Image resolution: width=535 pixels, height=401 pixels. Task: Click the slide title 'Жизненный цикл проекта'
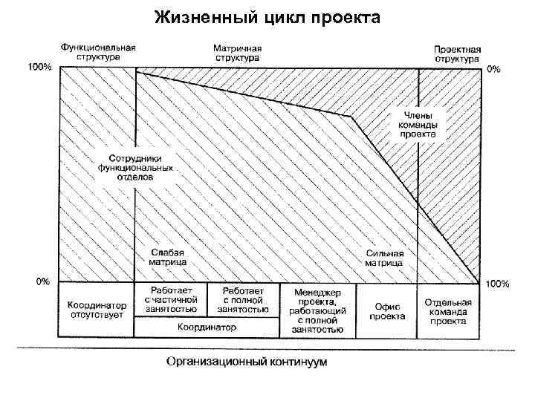[x=267, y=16]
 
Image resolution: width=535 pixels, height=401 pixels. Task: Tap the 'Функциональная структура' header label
[x=98, y=50]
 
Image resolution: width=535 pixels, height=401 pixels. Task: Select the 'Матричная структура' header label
[x=237, y=50]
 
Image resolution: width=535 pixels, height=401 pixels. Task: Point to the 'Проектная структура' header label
[x=458, y=53]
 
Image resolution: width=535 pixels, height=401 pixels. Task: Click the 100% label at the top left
[x=39, y=67]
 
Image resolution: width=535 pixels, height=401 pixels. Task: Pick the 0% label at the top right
[x=493, y=69]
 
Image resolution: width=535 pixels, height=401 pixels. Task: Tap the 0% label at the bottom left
[x=43, y=281]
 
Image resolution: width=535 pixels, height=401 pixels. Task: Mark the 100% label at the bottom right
[x=497, y=284]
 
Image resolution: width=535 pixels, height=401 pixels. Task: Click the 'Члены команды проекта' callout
[x=418, y=125]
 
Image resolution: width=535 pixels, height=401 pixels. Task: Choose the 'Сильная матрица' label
[x=384, y=258]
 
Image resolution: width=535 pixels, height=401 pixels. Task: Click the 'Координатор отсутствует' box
[x=97, y=310]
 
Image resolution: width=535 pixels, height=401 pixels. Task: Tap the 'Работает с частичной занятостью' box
[x=170, y=299]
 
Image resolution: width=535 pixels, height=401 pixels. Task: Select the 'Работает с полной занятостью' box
[x=244, y=299]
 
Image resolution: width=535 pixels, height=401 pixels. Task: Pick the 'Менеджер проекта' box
[x=318, y=310]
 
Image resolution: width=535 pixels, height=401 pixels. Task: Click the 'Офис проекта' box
[x=387, y=310]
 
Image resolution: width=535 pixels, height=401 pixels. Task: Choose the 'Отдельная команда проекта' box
[x=448, y=310]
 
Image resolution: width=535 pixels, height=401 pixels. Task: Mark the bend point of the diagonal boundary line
[x=351, y=117]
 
